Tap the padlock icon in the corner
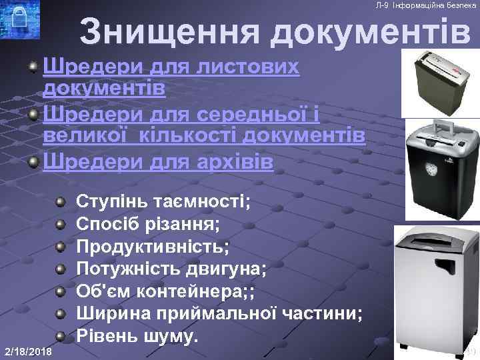(19, 21)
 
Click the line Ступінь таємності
(164, 201)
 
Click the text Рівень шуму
(138, 335)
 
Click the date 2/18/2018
(28, 351)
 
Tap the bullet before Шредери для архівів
(33, 163)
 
